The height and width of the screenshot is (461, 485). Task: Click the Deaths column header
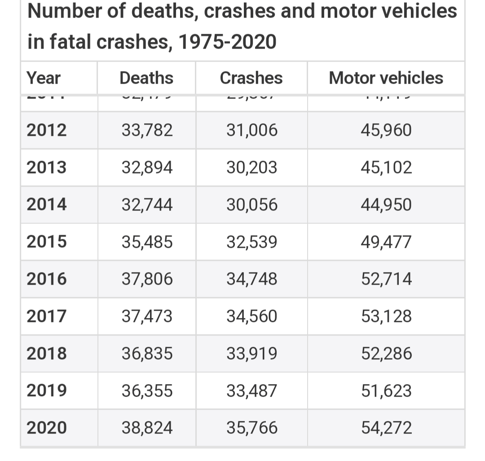click(x=146, y=78)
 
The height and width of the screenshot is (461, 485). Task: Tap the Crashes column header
click(x=251, y=78)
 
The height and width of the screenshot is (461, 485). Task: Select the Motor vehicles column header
click(x=386, y=78)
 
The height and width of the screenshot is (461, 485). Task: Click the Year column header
click(x=43, y=78)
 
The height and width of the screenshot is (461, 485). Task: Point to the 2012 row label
click(x=46, y=130)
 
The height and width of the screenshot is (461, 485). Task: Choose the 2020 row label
click(x=46, y=427)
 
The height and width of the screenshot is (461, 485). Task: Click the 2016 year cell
click(x=46, y=279)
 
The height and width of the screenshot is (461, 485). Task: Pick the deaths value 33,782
click(x=147, y=130)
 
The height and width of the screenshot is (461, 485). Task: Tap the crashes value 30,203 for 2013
click(x=251, y=168)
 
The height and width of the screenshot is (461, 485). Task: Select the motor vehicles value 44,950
click(x=386, y=205)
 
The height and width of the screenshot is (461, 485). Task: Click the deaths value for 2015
click(x=147, y=242)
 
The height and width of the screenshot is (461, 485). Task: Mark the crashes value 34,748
click(x=251, y=279)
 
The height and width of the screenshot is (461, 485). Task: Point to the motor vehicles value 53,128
click(x=386, y=316)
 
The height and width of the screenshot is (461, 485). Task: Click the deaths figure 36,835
click(x=147, y=354)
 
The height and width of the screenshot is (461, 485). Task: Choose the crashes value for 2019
click(x=251, y=390)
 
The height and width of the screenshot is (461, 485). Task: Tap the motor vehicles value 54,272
click(x=386, y=427)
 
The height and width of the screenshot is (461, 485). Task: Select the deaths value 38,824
click(x=147, y=427)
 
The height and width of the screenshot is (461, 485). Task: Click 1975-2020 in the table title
click(x=227, y=42)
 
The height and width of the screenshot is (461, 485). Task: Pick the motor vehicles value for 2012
click(x=386, y=130)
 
